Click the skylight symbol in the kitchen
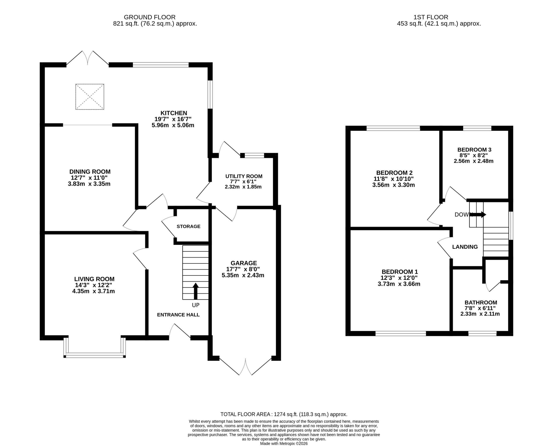[90, 97]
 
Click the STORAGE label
[188, 226]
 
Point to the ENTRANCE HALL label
[178, 315]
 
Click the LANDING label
[465, 247]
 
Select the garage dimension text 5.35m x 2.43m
[243, 275]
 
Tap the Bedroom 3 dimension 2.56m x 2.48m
[474, 161]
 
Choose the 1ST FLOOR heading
[431, 17]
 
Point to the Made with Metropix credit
[284, 444]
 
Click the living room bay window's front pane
[95, 356]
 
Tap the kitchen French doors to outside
[88, 58]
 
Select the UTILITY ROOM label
[244, 176]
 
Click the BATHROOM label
[481, 303]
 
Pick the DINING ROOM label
[90, 172]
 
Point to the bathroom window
[482, 333]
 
